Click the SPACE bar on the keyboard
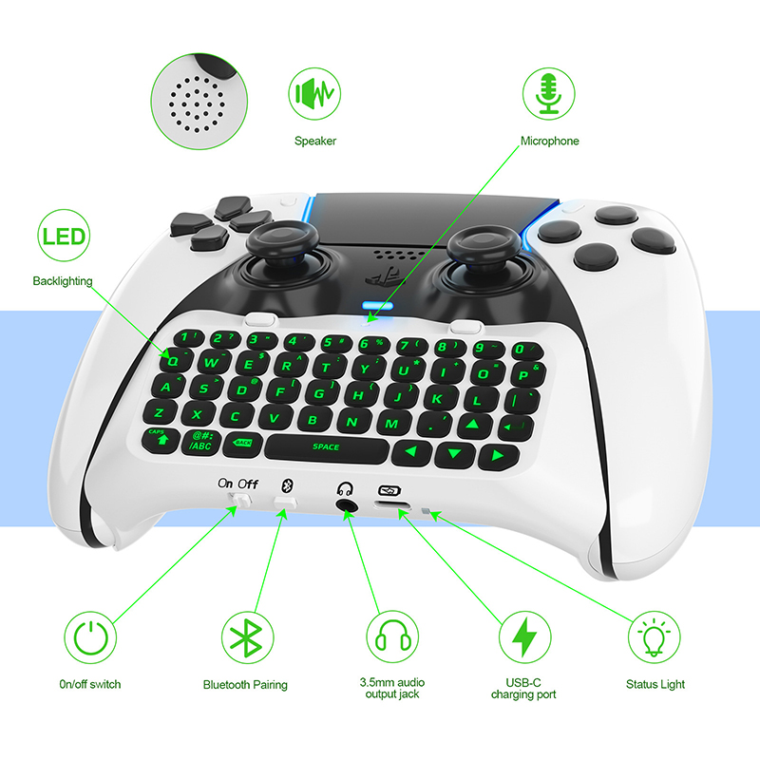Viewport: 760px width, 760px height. click(x=326, y=447)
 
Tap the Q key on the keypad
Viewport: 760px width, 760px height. click(x=174, y=359)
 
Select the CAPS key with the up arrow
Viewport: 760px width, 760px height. click(x=161, y=440)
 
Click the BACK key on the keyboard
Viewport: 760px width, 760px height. click(x=244, y=444)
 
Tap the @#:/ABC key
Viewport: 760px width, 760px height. click(x=201, y=442)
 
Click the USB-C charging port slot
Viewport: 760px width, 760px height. click(x=393, y=507)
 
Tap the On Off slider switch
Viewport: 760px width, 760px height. click(x=240, y=501)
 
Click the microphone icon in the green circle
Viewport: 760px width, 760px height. click(x=549, y=94)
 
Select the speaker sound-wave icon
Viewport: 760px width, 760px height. click(x=314, y=93)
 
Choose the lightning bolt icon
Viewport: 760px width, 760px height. click(x=524, y=636)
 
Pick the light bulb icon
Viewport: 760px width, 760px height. click(x=654, y=637)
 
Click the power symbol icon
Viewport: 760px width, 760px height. click(x=90, y=636)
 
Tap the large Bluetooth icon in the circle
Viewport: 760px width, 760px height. click(x=247, y=637)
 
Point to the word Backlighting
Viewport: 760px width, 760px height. click(x=63, y=281)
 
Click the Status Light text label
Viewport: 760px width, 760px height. click(x=655, y=684)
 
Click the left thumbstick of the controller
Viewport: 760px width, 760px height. click(x=282, y=242)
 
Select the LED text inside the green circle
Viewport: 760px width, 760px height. click(x=64, y=236)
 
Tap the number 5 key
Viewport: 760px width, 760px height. click(x=336, y=343)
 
